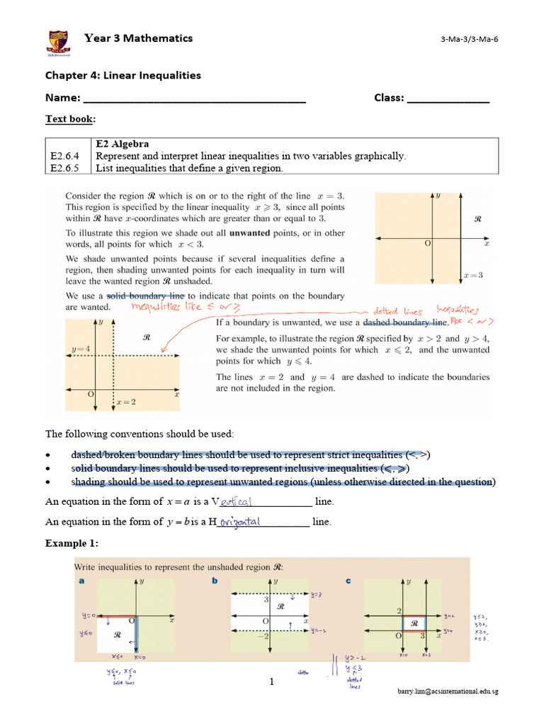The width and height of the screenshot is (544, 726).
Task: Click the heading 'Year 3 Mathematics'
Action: [x=139, y=38]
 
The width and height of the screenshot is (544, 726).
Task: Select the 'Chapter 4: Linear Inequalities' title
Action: [x=123, y=75]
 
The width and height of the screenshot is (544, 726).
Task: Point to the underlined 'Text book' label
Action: [x=70, y=119]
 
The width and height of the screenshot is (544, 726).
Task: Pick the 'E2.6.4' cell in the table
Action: [x=65, y=156]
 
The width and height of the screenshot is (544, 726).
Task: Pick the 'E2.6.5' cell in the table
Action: [x=65, y=168]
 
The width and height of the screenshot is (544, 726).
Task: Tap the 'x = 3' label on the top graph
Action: [x=472, y=274]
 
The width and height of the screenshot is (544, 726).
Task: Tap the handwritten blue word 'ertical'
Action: [x=237, y=501]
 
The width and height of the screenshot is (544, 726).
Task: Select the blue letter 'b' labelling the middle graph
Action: [x=214, y=581]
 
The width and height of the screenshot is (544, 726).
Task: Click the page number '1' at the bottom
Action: [x=271, y=682]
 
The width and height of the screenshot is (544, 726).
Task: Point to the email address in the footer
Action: [x=447, y=691]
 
